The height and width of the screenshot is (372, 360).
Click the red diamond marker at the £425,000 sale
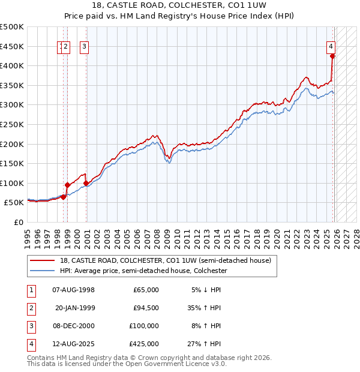coord(332,56)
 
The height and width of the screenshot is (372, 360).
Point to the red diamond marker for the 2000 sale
coord(86,183)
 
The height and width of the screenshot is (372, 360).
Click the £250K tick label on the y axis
coord(12,124)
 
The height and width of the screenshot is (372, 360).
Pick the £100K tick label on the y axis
coord(12,183)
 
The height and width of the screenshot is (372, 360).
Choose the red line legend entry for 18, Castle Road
coord(165,260)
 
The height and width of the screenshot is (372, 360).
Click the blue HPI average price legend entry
coord(143,271)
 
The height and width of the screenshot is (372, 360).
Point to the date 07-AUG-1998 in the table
coord(74,290)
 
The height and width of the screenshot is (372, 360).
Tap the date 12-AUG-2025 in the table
coord(74,344)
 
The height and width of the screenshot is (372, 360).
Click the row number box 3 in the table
coord(31,326)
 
